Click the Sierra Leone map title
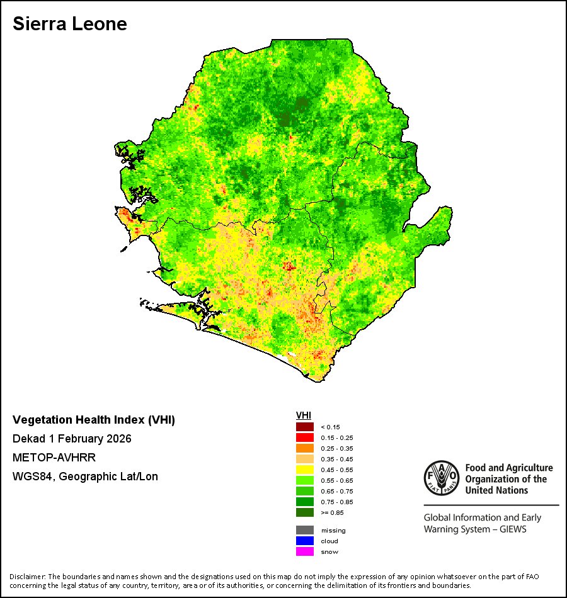coord(70,24)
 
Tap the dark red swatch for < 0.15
coord(305,427)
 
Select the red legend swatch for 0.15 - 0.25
coord(305,437)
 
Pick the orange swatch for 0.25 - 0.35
coord(305,448)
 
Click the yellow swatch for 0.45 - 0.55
coord(305,470)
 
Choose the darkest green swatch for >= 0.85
coord(305,512)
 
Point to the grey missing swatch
coord(305,530)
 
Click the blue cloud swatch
coord(305,541)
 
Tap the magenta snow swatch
coord(305,551)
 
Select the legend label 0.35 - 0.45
coord(337,459)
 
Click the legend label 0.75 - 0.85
coord(337,502)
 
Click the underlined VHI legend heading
coord(304,415)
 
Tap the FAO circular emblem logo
coord(442,478)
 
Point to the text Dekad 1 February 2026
coord(72,439)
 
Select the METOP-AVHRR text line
coord(54,457)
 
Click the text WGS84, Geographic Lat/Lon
coord(85,477)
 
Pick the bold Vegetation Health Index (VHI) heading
coord(94,420)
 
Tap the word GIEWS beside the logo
coord(513,529)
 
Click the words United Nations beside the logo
coord(496,490)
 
